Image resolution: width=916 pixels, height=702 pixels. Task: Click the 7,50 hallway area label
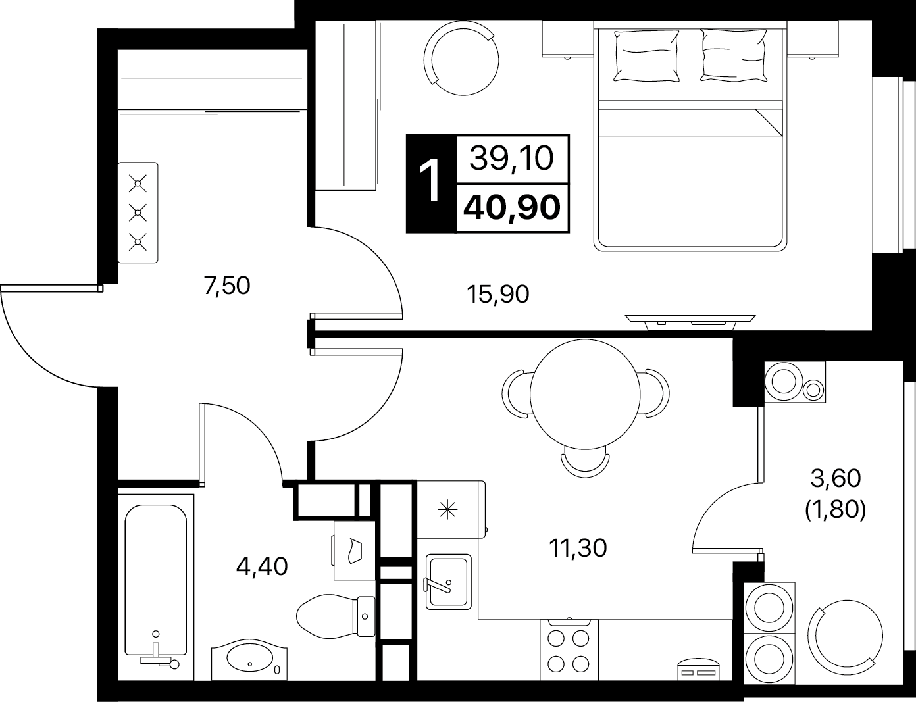[227, 286]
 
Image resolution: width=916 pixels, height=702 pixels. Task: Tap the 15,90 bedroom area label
[498, 295]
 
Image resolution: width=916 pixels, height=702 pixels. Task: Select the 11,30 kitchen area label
[578, 549]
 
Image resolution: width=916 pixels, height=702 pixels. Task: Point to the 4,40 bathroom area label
[262, 566]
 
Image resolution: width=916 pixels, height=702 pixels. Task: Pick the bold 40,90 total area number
[512, 208]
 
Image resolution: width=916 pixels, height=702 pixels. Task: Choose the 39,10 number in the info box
[511, 159]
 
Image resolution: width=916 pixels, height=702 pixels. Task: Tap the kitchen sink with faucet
[448, 582]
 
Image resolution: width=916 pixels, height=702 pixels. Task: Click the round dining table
[585, 394]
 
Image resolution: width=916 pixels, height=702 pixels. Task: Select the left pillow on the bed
[646, 55]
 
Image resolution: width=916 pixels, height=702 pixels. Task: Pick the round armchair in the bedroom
[461, 59]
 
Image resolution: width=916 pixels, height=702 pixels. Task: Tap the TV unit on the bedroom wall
[690, 322]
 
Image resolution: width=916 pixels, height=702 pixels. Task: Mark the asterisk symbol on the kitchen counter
[447, 511]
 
